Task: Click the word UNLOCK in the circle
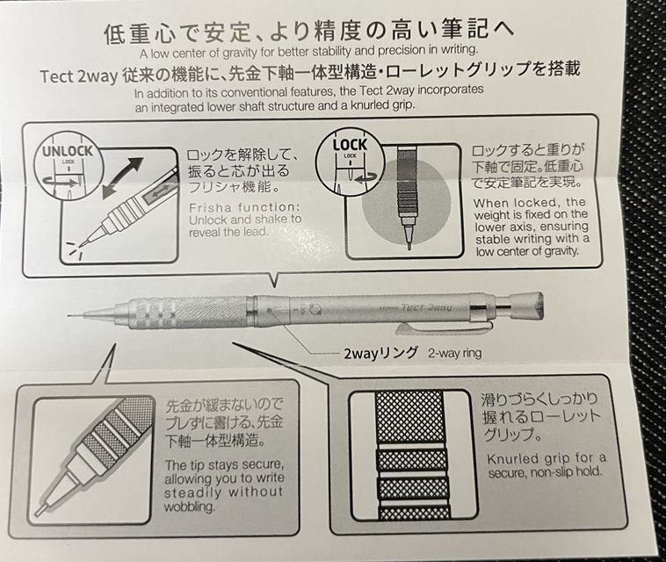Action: point(67,151)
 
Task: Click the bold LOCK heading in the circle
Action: point(350,145)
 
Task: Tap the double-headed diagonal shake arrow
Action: point(123,177)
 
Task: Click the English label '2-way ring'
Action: point(455,353)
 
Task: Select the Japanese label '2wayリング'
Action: point(380,353)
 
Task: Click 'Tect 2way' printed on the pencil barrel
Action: point(426,307)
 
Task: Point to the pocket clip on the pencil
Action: point(444,326)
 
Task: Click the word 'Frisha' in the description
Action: point(210,208)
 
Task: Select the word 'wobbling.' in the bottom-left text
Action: point(189,507)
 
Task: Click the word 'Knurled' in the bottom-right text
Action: point(512,459)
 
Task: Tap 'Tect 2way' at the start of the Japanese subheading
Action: point(78,76)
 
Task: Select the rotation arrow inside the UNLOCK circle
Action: point(62,183)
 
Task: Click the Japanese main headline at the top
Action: point(308,32)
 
